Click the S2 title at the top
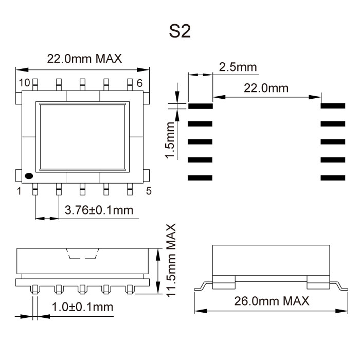click(x=180, y=32)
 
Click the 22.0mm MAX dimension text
click(x=84, y=59)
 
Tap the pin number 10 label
click(x=25, y=83)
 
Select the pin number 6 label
click(x=139, y=83)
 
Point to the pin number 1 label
click(x=20, y=191)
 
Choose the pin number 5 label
click(x=149, y=191)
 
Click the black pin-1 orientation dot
click(x=29, y=175)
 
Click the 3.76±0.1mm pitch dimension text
click(x=99, y=210)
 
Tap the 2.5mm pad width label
click(x=238, y=67)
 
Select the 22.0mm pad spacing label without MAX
click(x=266, y=88)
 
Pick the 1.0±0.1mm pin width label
click(x=82, y=307)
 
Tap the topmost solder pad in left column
click(x=200, y=106)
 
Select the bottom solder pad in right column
click(x=333, y=178)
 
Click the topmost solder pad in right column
click(x=333, y=106)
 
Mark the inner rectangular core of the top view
click(x=82, y=136)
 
